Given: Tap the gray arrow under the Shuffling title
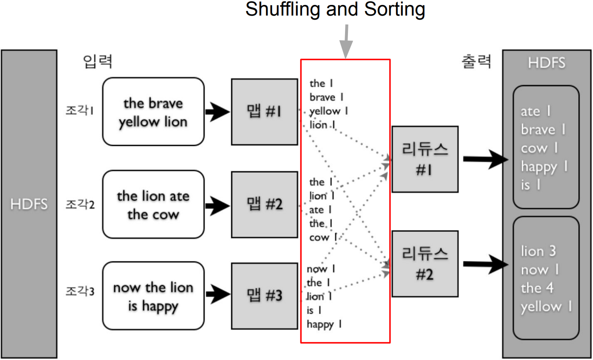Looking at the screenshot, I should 347,41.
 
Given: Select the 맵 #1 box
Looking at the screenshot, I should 264,112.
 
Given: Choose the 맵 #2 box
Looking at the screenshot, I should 264,204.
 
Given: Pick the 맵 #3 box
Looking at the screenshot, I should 264,296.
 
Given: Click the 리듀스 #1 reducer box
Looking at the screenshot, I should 425,159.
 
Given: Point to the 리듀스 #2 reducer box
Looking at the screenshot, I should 425,264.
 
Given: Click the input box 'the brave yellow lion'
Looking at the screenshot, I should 153,112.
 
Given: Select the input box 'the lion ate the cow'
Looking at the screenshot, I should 153,204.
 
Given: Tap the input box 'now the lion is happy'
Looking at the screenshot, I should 153,296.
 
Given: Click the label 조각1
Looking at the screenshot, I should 80,111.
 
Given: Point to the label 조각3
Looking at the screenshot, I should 80,291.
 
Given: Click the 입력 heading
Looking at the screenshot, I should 98,61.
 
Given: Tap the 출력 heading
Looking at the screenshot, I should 476,61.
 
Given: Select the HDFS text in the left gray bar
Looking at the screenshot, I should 29,204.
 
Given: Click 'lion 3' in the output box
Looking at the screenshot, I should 538,251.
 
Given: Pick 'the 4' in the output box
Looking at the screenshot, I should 537,288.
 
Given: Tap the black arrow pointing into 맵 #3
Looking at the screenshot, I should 218,294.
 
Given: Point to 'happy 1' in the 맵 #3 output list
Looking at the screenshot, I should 324,324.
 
